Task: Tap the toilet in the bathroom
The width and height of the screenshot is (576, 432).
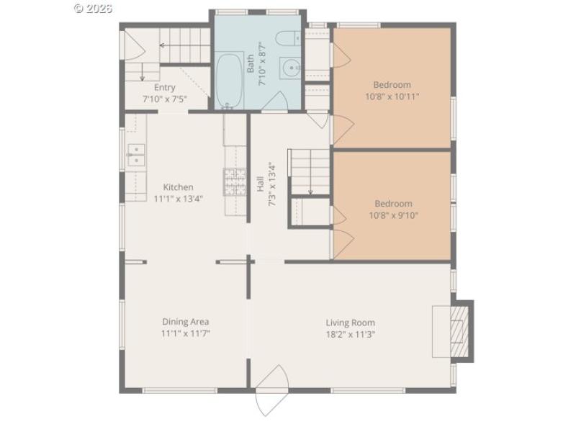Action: [289, 39]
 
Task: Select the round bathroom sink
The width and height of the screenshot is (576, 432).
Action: [291, 68]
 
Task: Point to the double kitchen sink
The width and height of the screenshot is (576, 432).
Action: [136, 155]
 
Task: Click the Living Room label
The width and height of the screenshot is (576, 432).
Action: [350, 323]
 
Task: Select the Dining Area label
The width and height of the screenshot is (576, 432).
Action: [185, 322]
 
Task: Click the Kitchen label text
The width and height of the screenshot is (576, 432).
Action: [177, 187]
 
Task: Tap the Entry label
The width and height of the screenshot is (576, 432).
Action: [164, 87]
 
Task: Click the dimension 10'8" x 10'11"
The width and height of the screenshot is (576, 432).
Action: [392, 96]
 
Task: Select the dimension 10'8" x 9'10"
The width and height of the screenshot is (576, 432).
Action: [393, 215]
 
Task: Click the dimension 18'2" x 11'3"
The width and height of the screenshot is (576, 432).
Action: [351, 334]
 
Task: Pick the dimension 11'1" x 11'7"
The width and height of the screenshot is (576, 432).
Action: [185, 333]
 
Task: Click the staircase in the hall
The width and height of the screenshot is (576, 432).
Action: [309, 171]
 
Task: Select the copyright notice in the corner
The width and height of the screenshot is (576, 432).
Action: [94, 8]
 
